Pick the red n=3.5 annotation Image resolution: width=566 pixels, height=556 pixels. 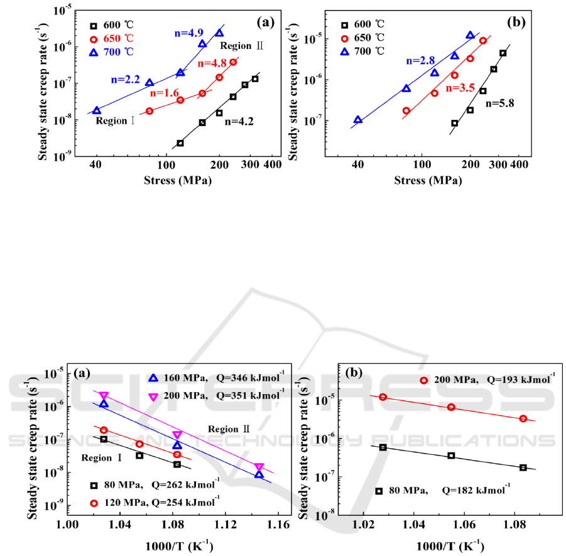click(460, 89)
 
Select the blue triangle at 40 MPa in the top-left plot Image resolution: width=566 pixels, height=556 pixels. click(96, 110)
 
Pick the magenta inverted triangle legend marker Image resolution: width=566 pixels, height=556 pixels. click(153, 396)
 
